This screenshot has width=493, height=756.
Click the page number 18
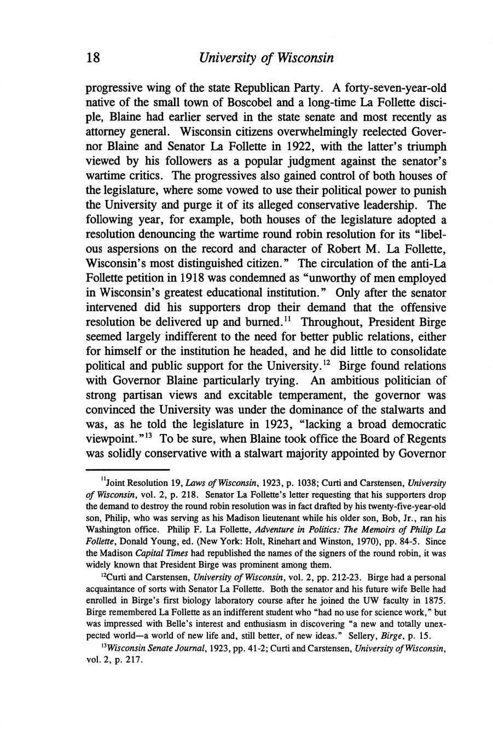[92, 58]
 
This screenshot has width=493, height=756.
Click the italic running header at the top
[266, 58]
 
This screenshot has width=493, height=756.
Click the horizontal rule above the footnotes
[127, 469]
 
